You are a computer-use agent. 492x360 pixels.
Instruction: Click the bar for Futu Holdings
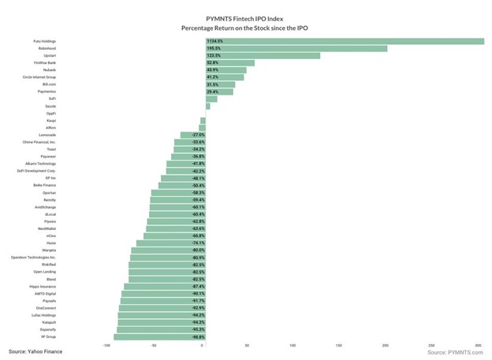[344, 41]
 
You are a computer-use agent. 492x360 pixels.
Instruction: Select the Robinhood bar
[296, 49]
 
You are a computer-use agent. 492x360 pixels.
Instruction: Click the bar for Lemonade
[192, 135]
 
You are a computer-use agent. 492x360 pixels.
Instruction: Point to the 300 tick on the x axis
[478, 345]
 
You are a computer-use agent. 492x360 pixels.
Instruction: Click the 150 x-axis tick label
[339, 345]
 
